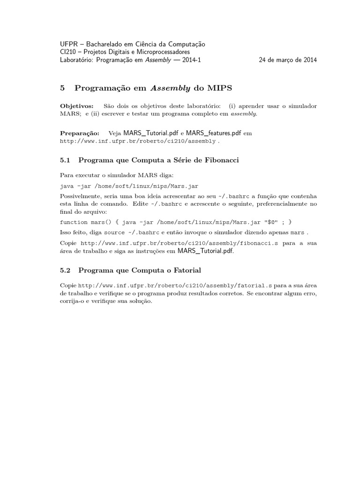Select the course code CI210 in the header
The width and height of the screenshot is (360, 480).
coord(68,52)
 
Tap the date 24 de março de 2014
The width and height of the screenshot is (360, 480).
coord(288,60)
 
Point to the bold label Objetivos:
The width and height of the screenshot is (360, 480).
coord(77,105)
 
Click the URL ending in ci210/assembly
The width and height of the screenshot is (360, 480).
coord(138,141)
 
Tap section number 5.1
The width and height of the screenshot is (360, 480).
coord(66,160)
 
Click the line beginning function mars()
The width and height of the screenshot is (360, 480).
coord(179,222)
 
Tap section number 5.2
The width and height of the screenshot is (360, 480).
coord(66,270)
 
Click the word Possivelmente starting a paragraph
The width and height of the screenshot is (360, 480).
coord(82,195)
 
